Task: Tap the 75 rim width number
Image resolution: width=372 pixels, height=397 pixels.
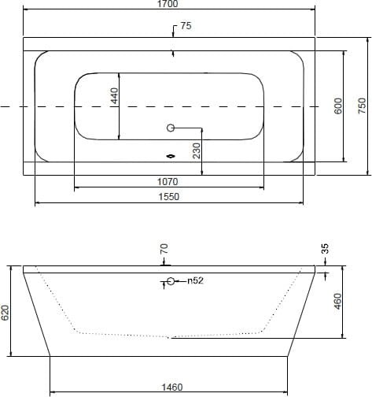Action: pos(186,26)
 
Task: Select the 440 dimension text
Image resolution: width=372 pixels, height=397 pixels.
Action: pos(115,96)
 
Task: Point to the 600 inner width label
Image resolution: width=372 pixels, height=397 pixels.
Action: pos(338,106)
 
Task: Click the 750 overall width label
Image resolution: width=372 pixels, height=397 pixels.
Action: pos(362,106)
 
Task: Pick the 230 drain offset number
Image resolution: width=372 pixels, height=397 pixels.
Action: pos(197,150)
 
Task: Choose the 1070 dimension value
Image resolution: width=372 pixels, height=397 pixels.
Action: pos(168,181)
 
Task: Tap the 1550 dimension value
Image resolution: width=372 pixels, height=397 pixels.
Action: pos(169,197)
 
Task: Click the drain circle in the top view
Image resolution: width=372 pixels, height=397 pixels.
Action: pos(171,128)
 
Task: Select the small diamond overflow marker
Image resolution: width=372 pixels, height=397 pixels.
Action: pos(171,157)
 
